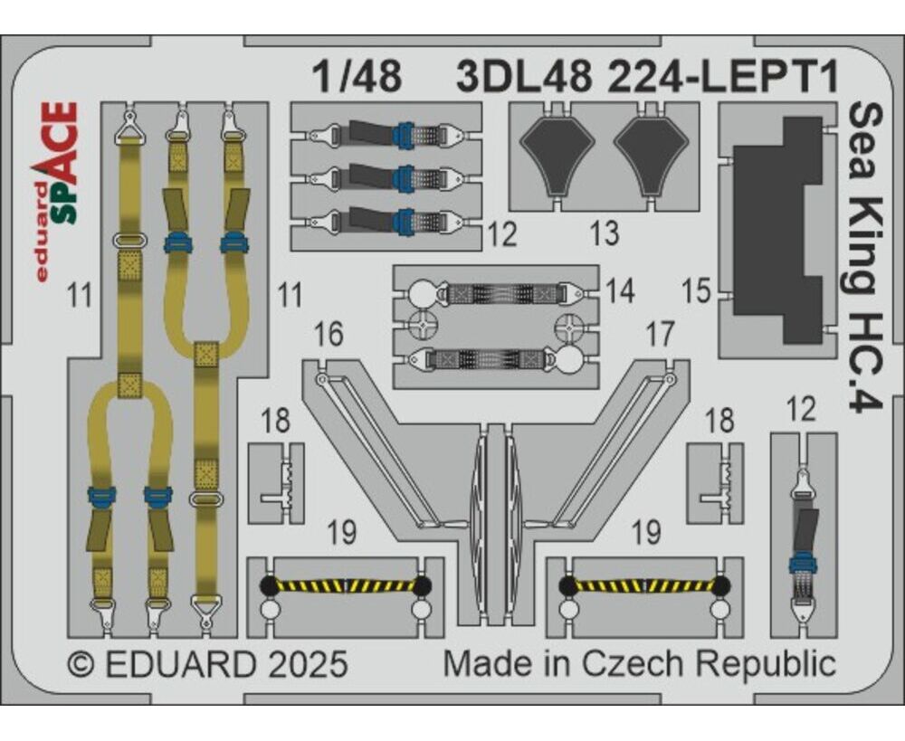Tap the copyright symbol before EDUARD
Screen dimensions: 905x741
tap(81, 665)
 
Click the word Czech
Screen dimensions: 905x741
tap(632, 664)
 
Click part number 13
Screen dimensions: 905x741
tap(605, 233)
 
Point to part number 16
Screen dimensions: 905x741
tap(329, 335)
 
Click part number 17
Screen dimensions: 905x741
tap(659, 335)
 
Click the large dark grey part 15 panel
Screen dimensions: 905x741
tap(776, 230)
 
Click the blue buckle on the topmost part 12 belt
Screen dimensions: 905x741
tap(404, 134)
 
